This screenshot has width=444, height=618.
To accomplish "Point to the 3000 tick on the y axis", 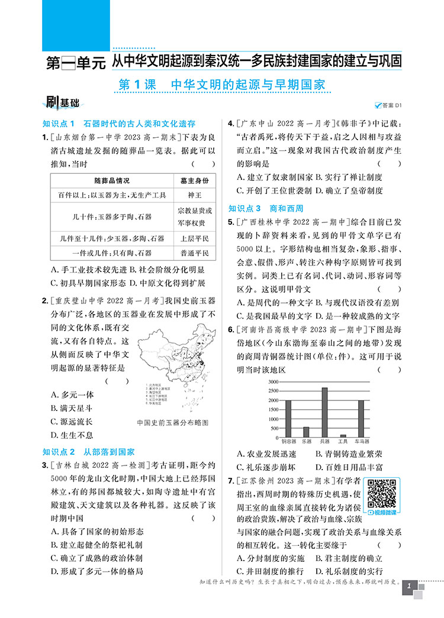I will click(273, 382).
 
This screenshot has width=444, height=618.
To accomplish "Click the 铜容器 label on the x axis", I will click(288, 442).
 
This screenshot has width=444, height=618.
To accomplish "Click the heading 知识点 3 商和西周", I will click(266, 208).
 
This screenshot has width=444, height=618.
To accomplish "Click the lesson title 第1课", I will click(137, 85).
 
